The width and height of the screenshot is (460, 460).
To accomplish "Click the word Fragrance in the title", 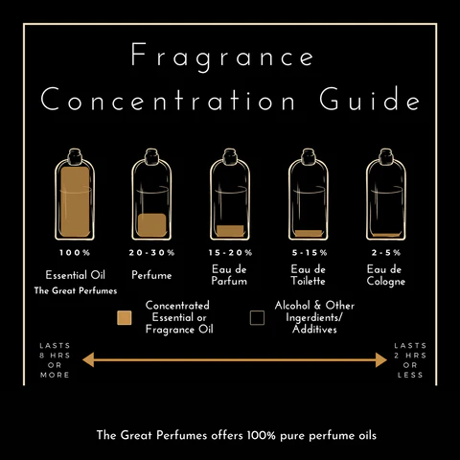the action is (222, 56).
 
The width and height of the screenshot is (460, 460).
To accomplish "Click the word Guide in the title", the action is (370, 99).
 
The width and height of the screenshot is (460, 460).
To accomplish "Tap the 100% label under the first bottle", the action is (75, 253).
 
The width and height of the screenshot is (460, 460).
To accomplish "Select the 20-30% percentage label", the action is (151, 253).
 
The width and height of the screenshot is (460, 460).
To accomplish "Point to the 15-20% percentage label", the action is (230, 253).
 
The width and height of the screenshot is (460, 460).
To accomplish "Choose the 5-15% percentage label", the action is (310, 253).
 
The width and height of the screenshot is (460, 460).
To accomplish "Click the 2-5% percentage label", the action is (386, 253).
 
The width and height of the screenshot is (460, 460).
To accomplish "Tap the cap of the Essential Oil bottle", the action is (75, 156).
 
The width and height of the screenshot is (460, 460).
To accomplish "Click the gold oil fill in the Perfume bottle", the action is (152, 225).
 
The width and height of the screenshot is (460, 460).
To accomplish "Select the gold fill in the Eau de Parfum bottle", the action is (230, 231).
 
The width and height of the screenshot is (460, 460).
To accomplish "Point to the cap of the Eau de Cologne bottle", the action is (386, 156).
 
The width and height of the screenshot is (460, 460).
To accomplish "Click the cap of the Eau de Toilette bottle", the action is (309, 156).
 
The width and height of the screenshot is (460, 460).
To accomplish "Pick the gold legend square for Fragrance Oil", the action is (125, 318).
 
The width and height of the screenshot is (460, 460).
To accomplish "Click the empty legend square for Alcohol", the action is (257, 318).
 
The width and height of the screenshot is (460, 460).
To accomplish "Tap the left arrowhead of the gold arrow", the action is (88, 360).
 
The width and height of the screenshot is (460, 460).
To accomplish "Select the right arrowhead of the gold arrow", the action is (381, 360).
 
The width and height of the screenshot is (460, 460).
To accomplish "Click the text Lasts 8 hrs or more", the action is (55, 360).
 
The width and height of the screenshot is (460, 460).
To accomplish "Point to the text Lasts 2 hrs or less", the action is (410, 360).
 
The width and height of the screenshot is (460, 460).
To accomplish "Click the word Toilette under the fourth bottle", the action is (308, 281).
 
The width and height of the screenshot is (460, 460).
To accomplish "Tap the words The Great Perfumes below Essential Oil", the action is (76, 290).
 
